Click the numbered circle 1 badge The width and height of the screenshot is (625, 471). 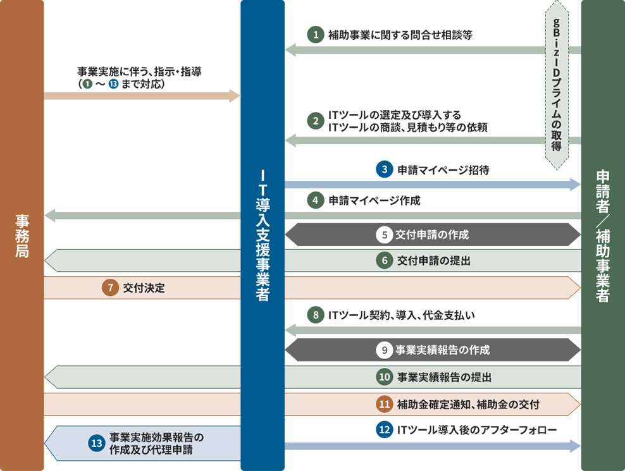314,35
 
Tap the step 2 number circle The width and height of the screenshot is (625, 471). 314,121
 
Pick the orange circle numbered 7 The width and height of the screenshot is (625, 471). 110,288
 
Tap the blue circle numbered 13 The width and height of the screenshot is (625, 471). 96,443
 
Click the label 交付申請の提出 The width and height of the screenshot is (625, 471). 434,260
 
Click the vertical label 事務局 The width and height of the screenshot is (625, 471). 22,236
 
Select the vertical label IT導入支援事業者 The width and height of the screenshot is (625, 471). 263,234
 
